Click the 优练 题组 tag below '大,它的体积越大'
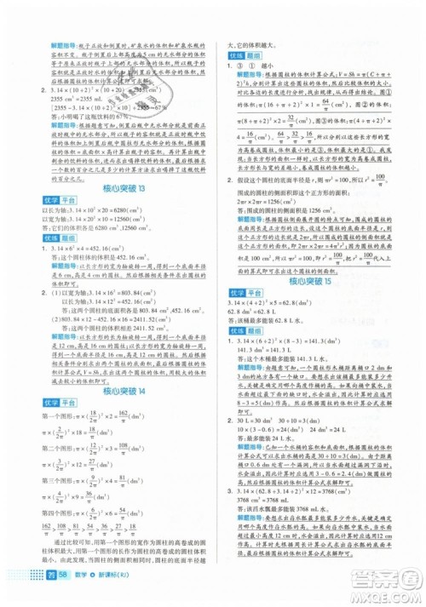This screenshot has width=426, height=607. [x=246, y=52]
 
